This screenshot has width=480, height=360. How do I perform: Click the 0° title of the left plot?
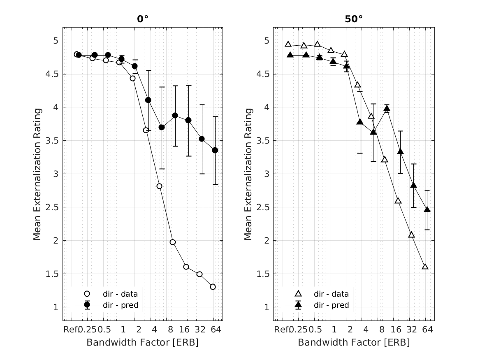142,19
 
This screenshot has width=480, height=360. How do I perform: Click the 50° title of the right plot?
354,19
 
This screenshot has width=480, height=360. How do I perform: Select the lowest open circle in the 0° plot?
213,287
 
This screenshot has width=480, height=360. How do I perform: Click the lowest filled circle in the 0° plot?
215,150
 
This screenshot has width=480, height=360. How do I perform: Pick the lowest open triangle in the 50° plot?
425,267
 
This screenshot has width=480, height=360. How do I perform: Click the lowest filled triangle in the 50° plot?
427,209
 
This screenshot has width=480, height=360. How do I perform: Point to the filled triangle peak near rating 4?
387,109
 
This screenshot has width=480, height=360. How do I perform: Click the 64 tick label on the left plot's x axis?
216,330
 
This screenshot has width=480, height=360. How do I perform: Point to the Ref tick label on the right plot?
281,330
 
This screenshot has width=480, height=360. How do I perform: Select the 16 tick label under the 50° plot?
396,330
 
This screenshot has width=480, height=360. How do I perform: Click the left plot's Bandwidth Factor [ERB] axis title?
142,342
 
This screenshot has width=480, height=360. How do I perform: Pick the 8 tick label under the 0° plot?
171,330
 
